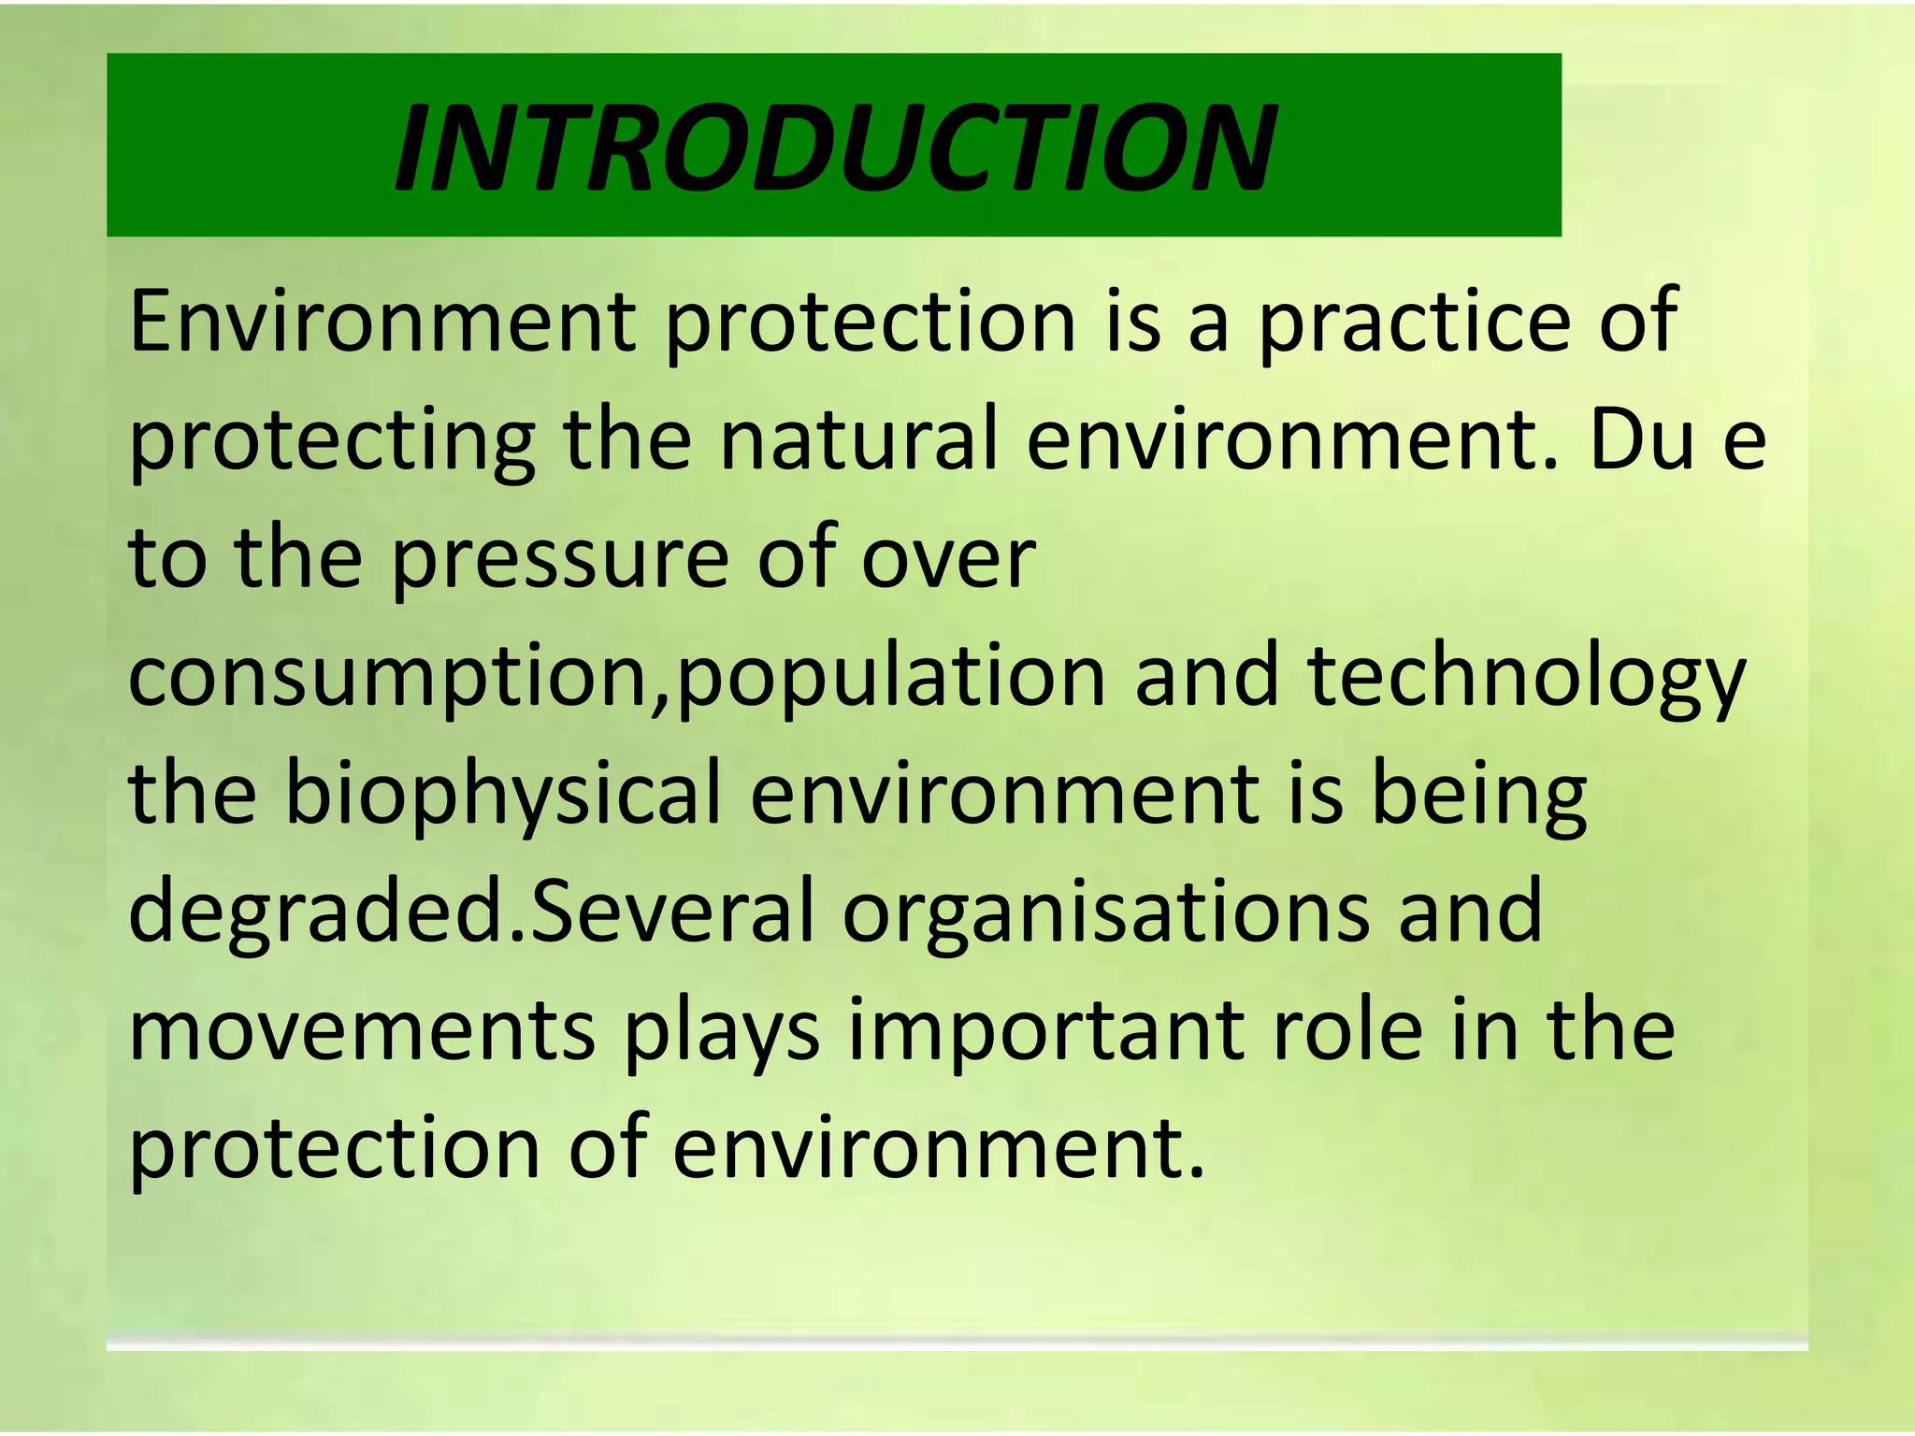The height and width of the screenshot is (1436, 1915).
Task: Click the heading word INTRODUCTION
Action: (835, 148)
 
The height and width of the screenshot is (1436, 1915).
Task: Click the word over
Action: (947, 559)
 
